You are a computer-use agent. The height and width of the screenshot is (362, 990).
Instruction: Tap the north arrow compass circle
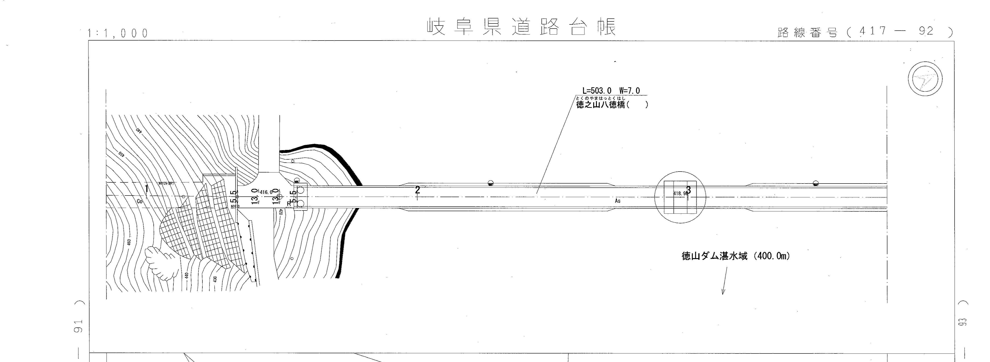coord(925,79)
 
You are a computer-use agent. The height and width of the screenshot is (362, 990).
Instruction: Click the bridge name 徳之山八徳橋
coord(602,105)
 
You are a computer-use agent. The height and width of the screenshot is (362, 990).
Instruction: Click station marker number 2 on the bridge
coord(417,190)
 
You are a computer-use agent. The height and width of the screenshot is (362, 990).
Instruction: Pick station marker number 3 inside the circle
coord(688,190)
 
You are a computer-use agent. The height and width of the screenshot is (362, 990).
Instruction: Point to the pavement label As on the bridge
coord(618,201)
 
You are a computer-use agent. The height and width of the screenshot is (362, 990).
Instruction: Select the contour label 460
coord(129,242)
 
